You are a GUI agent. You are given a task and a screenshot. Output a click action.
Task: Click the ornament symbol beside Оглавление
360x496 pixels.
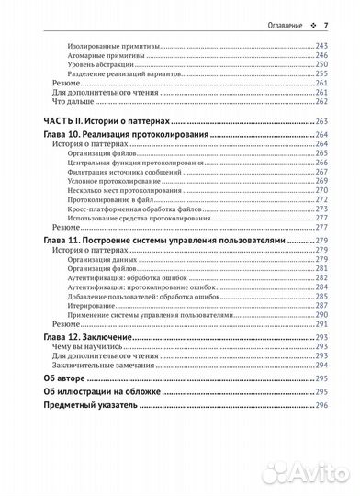(x=312, y=25)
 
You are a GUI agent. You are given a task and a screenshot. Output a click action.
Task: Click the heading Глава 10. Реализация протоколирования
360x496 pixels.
(x=128, y=133)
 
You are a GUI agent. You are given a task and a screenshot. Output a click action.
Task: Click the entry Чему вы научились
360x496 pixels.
(x=85, y=347)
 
